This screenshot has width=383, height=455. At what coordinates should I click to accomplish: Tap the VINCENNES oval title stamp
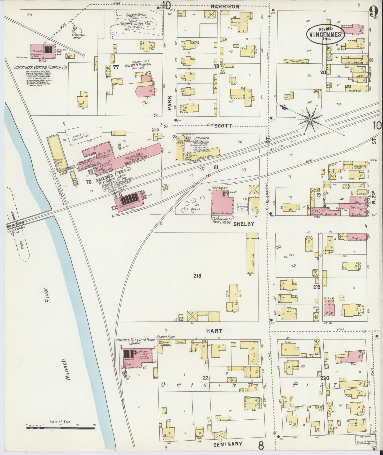pyautogui.click(x=325, y=34)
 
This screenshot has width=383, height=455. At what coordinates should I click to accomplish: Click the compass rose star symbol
pyautogui.click(x=310, y=120)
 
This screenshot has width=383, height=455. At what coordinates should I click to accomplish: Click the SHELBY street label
pyautogui.click(x=244, y=224)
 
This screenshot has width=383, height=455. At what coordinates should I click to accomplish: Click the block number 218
pyautogui.click(x=197, y=276)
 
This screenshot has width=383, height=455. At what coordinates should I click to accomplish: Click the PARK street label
pyautogui.click(x=170, y=103)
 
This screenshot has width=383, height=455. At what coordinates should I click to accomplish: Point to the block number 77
pyautogui.click(x=116, y=67)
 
